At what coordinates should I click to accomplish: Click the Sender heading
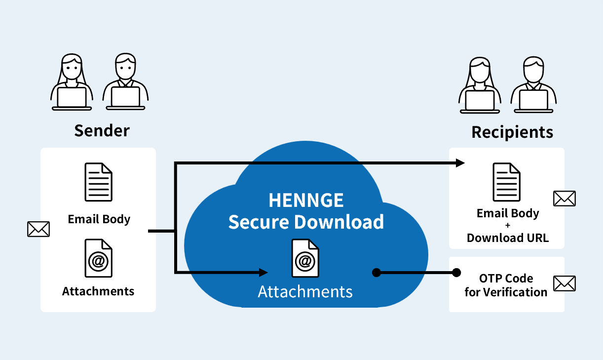tap(102, 130)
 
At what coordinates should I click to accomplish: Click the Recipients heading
tap(512, 132)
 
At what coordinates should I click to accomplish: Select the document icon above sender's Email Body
tap(99, 182)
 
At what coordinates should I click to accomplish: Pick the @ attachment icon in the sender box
tap(99, 258)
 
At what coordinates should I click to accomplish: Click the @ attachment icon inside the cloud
tap(305, 258)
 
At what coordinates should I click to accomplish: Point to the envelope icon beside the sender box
tap(38, 229)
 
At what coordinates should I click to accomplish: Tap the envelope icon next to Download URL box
tap(565, 199)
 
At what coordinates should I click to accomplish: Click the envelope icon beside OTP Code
tap(565, 283)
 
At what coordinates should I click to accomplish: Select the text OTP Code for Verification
tap(506, 285)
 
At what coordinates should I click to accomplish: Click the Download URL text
tap(508, 238)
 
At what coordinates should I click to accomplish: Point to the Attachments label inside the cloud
tap(305, 291)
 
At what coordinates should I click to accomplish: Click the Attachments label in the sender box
tap(98, 291)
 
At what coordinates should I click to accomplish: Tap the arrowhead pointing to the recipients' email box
tap(461, 162)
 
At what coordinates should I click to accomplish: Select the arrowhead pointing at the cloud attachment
tap(264, 272)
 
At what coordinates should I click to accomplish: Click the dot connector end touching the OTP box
tap(456, 272)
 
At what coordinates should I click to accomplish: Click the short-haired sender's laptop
tap(125, 97)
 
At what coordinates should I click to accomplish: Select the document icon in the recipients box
tap(507, 182)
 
